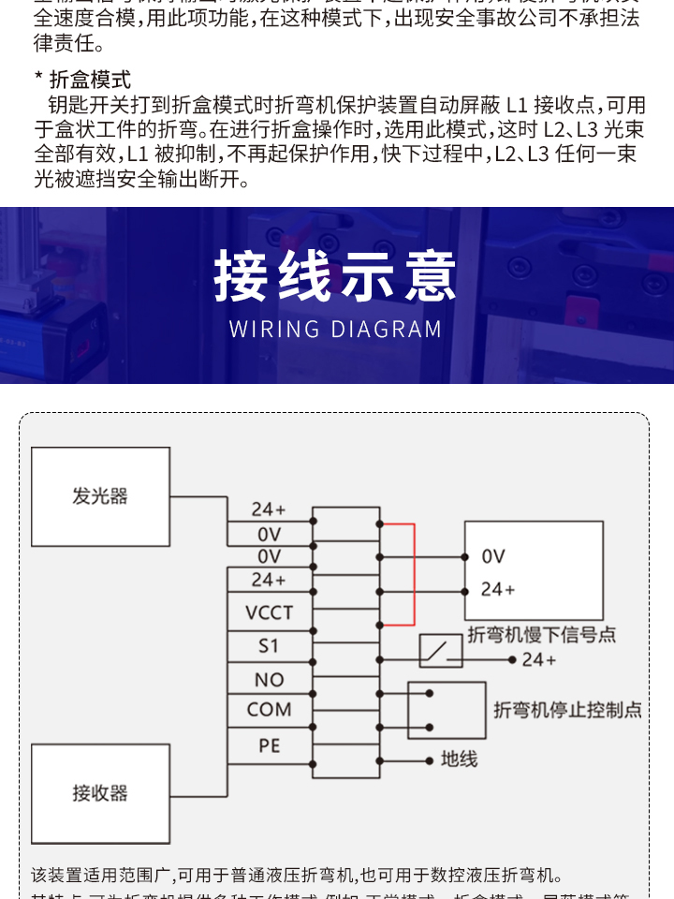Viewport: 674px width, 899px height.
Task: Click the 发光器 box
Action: click(100, 496)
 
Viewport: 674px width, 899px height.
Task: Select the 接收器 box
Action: click(100, 793)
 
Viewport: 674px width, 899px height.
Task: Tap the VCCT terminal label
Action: click(269, 613)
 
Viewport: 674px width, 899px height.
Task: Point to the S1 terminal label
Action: click(269, 646)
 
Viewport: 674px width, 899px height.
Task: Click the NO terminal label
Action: click(269, 680)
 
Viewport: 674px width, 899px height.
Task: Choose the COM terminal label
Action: click(269, 710)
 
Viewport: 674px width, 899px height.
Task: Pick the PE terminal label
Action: click(269, 746)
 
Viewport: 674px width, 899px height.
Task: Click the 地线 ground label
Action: click(459, 759)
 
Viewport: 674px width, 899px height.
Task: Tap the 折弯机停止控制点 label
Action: click(567, 710)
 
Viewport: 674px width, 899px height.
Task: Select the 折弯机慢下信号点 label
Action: click(541, 635)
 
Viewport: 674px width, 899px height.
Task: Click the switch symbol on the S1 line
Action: click(441, 651)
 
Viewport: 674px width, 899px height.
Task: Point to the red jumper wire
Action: click(413, 573)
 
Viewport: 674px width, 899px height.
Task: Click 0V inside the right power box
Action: click(493, 556)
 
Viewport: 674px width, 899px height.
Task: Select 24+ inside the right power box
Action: click(497, 590)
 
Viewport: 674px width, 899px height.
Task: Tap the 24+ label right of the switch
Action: click(539, 660)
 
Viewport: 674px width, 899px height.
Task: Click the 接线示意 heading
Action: click(336, 277)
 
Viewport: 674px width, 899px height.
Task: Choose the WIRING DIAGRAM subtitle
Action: click(336, 330)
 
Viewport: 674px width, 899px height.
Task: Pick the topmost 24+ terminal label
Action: click(269, 509)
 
